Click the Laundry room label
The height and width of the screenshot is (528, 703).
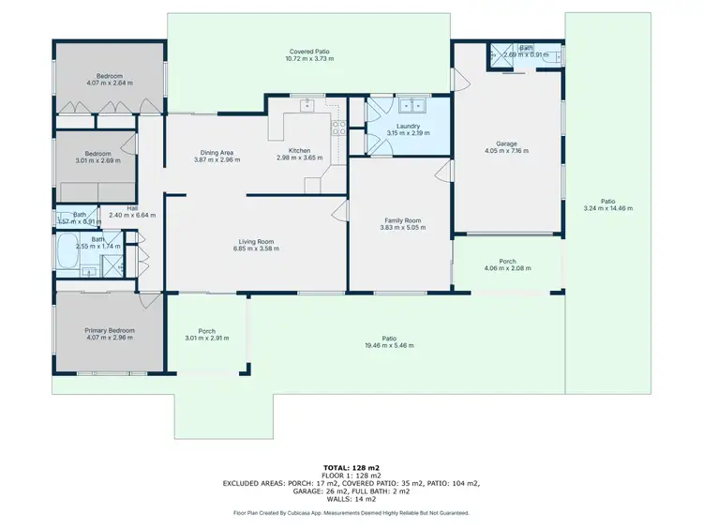coord(408,126)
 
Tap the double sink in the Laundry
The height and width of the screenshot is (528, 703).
coord(410,106)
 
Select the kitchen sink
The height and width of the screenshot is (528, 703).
coord(307,106)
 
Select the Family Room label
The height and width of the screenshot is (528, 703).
coord(403,219)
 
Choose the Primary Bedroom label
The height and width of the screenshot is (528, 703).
coord(110,330)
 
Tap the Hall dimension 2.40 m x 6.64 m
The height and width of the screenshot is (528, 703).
coord(123,216)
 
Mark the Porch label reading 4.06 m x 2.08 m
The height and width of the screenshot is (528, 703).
coord(507,262)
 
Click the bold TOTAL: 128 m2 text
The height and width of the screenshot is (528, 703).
coord(351,466)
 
